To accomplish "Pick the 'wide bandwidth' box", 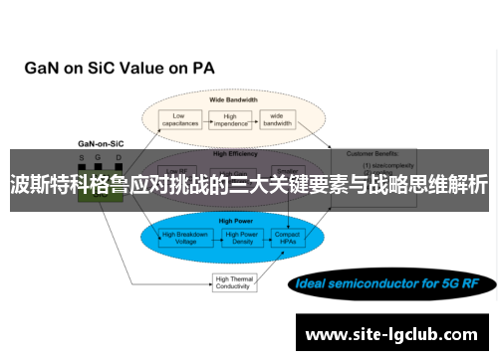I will point(276,119).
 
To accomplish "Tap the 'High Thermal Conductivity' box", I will point(234,256).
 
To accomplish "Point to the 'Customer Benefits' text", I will point(372,154).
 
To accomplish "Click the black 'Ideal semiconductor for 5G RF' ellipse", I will point(391,257).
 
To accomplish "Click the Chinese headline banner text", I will point(249,184).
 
